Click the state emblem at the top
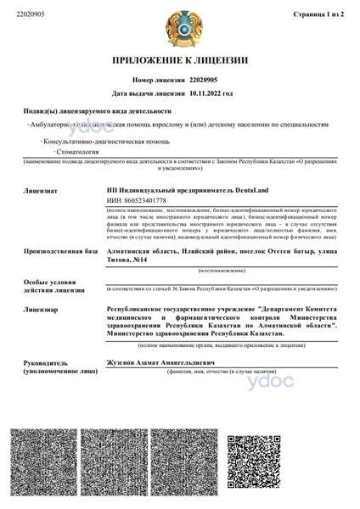pyautogui.click(x=179, y=27)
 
